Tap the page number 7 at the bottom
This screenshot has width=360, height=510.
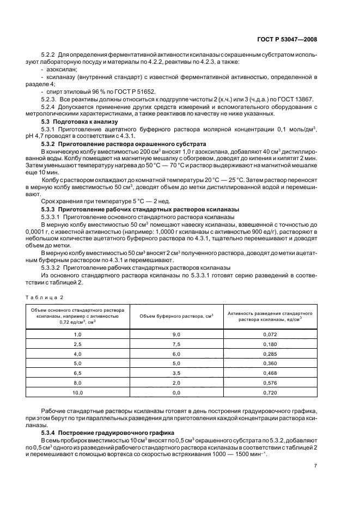tap(315, 465)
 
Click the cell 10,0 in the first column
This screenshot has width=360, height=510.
tap(77, 392)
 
